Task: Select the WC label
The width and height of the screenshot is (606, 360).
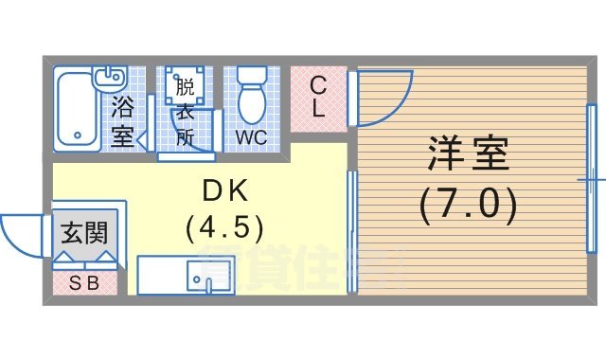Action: pos(252,137)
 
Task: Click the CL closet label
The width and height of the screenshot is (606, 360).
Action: pos(318,97)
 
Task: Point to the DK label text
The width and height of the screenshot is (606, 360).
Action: pos(225,191)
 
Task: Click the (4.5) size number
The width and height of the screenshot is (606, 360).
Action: pos(225,228)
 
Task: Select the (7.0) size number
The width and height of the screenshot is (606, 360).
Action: pos(469,204)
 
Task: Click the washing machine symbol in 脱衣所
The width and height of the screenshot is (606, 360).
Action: pos(183,86)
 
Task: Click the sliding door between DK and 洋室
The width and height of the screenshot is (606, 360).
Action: pos(352,232)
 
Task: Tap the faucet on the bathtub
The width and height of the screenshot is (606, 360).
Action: pos(113,75)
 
